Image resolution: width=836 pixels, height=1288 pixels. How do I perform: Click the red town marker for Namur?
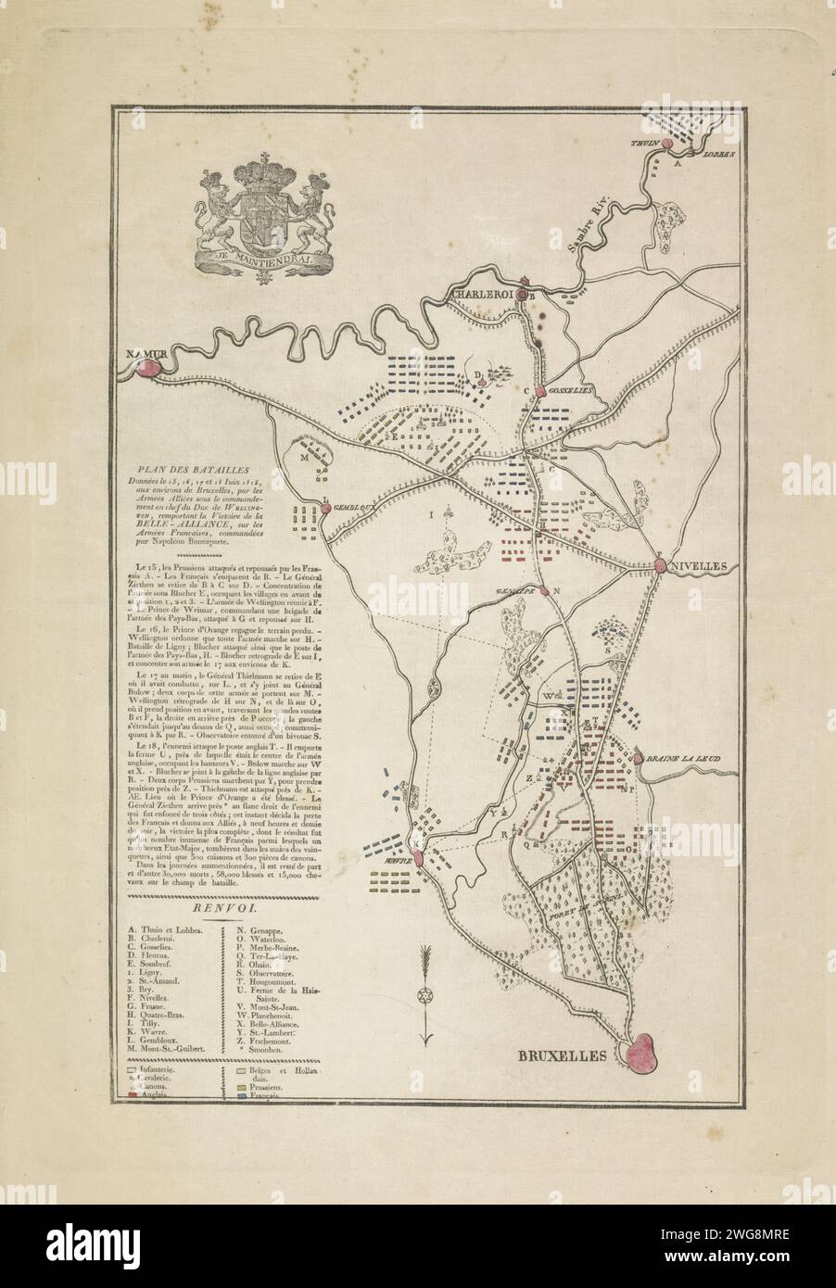tap(147, 367)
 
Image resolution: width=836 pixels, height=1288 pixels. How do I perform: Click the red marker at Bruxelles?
tap(650, 1054)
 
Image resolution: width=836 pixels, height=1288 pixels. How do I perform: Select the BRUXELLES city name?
tap(563, 1054)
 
